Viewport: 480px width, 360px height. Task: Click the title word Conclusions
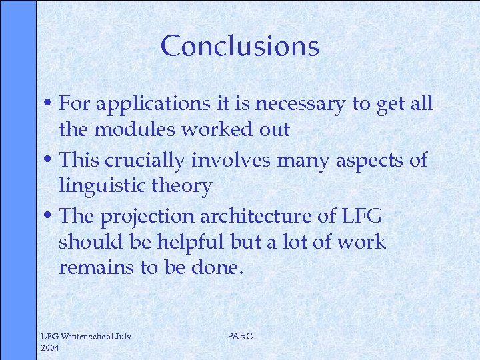click(x=240, y=46)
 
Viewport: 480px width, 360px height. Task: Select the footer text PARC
click(x=240, y=336)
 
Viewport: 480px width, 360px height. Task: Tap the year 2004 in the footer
click(x=51, y=347)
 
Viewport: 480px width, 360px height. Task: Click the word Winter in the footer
click(x=77, y=337)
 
